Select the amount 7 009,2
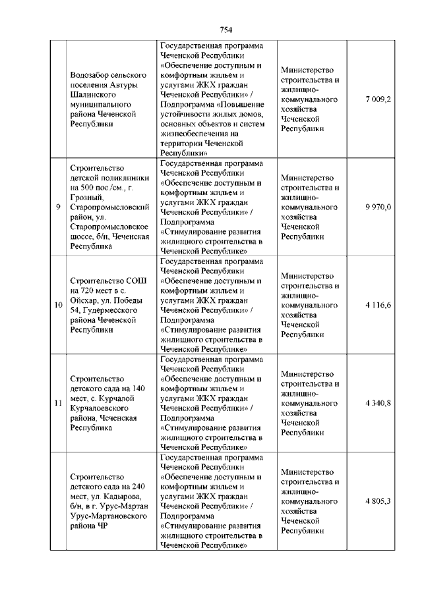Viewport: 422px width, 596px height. (x=378, y=99)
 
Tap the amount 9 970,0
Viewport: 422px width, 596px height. (x=378, y=207)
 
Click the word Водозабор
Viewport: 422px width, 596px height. (x=90, y=75)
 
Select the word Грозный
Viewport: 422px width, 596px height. (x=86, y=197)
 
